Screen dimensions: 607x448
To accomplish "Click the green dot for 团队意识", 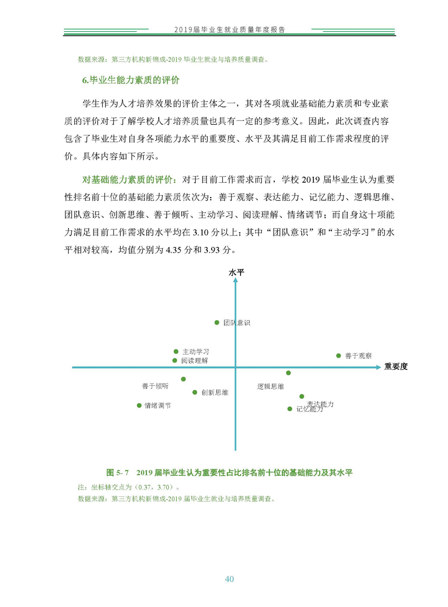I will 216,322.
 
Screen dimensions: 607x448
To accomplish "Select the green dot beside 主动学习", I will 176,351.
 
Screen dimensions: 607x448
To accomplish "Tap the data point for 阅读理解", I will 175,360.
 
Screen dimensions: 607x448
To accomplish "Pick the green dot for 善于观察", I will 339,356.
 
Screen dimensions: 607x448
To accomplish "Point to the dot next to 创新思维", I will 195,392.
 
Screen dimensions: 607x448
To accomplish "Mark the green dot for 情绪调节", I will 139,405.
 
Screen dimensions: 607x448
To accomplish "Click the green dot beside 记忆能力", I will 289,408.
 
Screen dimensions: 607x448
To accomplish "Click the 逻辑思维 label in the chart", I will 270,386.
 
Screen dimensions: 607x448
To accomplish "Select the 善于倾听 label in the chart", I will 155,386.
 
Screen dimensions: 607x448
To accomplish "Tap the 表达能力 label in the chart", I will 320,404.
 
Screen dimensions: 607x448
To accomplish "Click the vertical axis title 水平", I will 236,272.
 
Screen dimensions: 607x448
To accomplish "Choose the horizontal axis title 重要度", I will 396,367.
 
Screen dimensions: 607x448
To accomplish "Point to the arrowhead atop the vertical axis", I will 235,280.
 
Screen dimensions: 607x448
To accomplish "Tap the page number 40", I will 229,579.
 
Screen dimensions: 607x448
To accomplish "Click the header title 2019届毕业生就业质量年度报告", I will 230,30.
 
